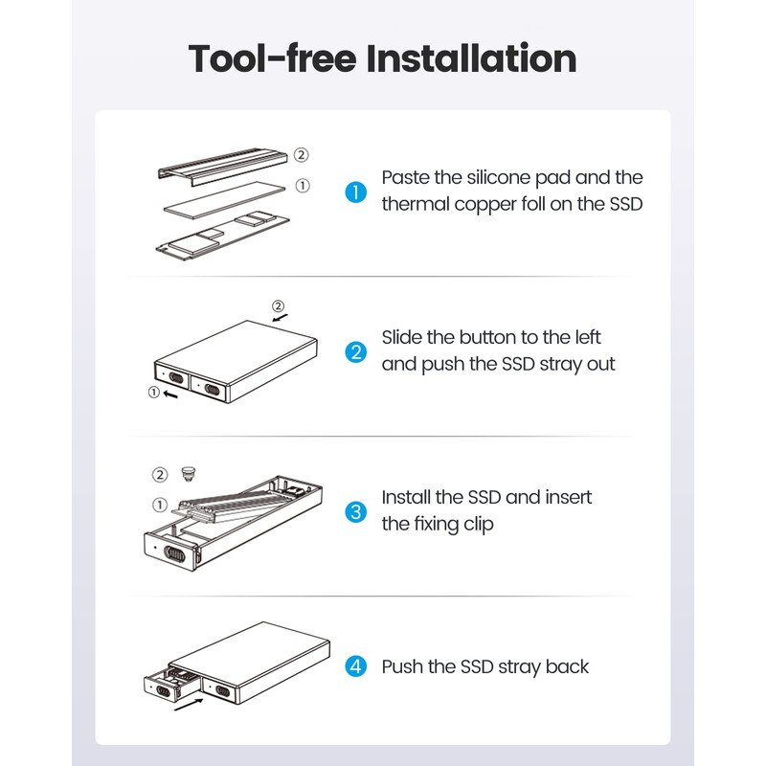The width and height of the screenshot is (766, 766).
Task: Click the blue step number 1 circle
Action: (355, 191)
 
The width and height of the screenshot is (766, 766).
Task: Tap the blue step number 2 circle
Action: (355, 351)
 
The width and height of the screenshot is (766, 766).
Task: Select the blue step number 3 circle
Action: (355, 511)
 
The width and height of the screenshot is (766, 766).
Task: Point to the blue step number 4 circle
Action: (355, 666)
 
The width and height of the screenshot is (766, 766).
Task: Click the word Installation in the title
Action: (472, 58)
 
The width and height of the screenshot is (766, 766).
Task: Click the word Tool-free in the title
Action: (271, 58)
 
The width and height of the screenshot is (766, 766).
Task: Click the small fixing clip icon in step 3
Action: (188, 473)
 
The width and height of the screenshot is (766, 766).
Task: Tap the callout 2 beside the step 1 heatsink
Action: (301, 154)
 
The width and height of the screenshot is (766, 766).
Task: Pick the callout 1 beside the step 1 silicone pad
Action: (303, 186)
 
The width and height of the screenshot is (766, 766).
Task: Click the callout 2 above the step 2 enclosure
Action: (279, 307)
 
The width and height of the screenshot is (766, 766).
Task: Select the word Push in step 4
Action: (402, 666)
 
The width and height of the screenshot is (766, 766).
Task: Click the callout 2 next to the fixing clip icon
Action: (160, 474)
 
